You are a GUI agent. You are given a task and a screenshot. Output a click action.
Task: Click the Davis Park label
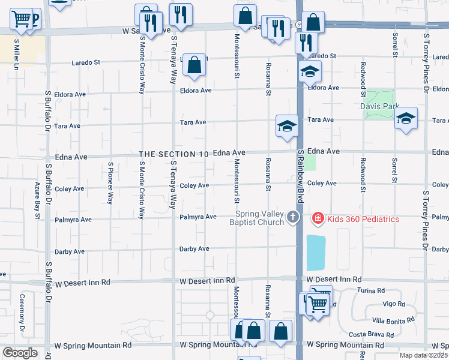click(380, 106)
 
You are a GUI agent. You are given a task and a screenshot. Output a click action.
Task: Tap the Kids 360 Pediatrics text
click(363, 219)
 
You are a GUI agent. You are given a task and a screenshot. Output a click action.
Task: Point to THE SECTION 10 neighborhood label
click(174, 154)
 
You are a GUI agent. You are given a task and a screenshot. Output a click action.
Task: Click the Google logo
click(20, 353)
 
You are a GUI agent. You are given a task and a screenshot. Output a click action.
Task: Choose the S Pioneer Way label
click(110, 183)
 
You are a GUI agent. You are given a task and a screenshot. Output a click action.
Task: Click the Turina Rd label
click(372, 290)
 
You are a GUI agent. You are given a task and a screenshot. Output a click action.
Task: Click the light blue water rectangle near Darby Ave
click(316, 253)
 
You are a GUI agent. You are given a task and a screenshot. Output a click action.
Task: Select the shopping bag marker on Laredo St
click(194, 67)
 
